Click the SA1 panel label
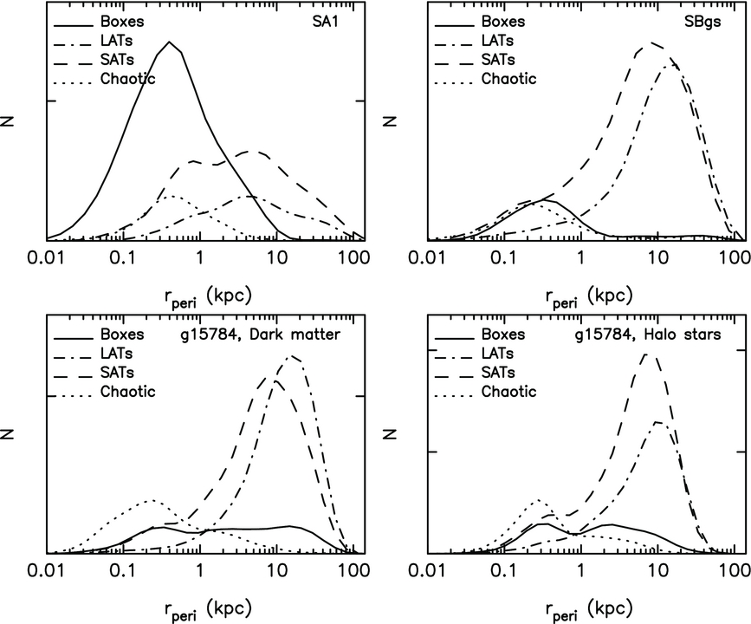335,19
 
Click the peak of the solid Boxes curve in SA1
171,42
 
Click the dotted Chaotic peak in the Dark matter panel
152,500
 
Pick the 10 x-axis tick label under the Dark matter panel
277,571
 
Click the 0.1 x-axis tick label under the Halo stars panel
502,571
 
